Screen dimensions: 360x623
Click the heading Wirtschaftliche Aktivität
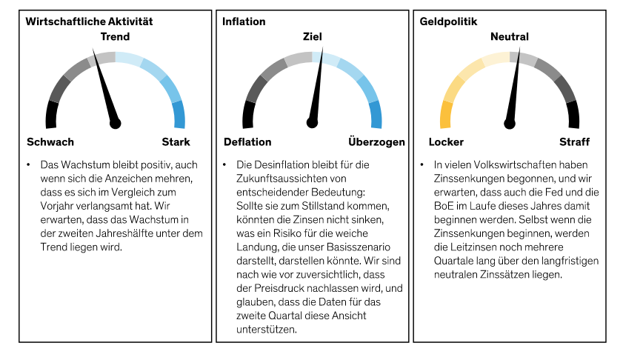89,21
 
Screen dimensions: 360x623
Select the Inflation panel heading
244,21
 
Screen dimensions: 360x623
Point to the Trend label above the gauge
115,36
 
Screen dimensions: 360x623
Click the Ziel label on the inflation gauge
312,36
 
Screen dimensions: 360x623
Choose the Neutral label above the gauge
510,36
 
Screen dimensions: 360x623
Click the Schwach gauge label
50,141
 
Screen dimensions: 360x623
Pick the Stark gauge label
176,141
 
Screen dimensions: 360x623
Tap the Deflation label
247,141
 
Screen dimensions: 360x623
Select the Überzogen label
376,141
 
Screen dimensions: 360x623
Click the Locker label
446,141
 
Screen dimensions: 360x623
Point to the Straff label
574,141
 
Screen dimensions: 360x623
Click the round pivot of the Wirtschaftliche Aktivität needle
115,123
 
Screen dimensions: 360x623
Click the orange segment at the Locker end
446,115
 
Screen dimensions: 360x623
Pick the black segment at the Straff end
573,115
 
